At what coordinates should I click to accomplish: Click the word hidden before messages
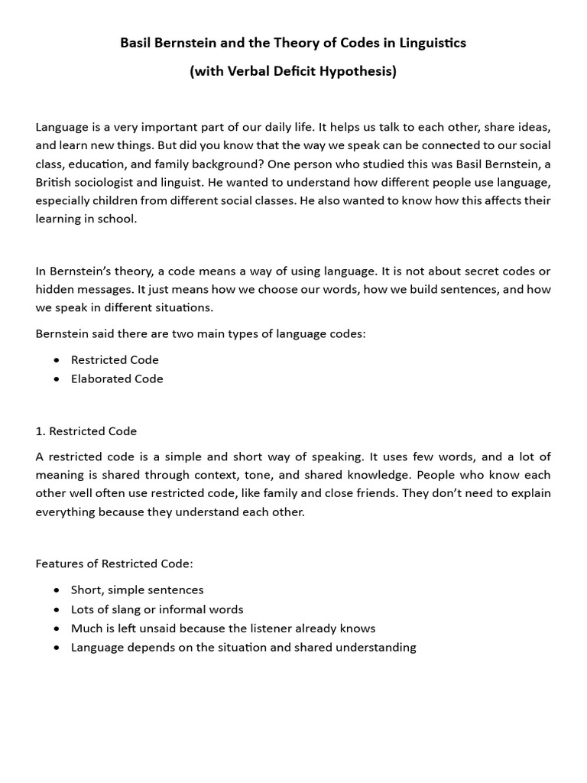tap(55, 290)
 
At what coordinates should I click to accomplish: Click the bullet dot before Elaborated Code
tap(57, 379)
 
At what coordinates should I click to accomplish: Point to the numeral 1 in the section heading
tap(39, 431)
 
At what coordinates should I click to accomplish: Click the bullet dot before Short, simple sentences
tap(57, 590)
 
